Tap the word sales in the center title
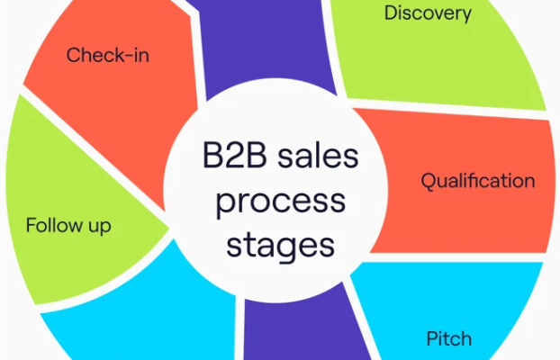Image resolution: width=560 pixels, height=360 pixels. click(318, 157)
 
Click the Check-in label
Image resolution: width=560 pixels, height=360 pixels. click(108, 55)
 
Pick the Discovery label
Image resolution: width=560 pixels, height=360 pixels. click(428, 13)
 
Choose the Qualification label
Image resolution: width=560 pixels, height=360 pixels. click(478, 180)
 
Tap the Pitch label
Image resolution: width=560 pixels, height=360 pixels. click(449, 338)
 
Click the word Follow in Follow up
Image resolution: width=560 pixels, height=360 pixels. click(54, 225)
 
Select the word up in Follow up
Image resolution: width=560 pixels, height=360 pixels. click(100, 228)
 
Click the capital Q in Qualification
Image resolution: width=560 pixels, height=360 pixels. click(429, 182)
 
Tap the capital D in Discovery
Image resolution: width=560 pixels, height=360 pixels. click(392, 13)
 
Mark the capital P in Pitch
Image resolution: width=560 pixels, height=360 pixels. click(433, 338)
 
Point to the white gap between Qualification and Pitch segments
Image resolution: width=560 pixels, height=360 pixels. click(454, 257)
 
